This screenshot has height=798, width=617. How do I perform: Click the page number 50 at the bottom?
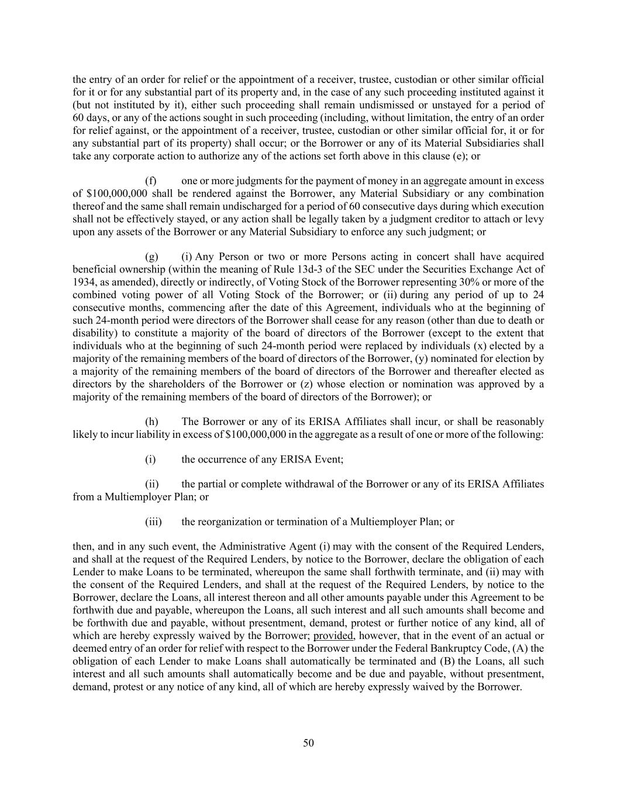pos(309,743)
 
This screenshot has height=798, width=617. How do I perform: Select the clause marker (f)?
pos(150,181)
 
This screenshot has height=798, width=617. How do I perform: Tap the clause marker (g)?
pos(151,257)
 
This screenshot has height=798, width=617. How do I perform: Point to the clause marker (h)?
pos(151,422)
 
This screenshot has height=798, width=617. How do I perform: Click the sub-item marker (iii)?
pos(153,522)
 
